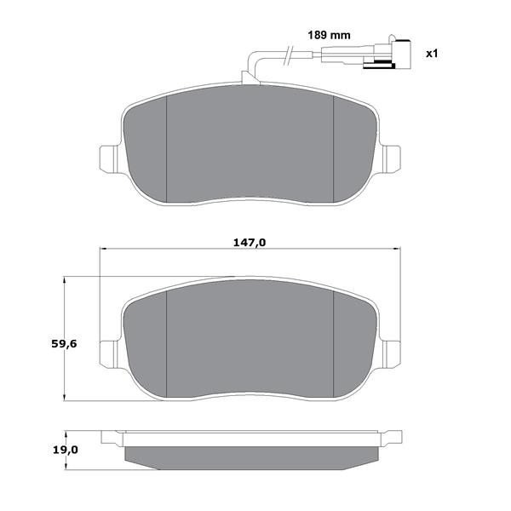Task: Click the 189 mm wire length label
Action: [x=329, y=35]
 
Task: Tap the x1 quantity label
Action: [x=432, y=54]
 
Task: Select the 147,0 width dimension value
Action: [x=250, y=243]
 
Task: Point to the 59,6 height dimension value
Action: [x=64, y=343]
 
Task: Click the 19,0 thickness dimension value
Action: [x=66, y=450]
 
